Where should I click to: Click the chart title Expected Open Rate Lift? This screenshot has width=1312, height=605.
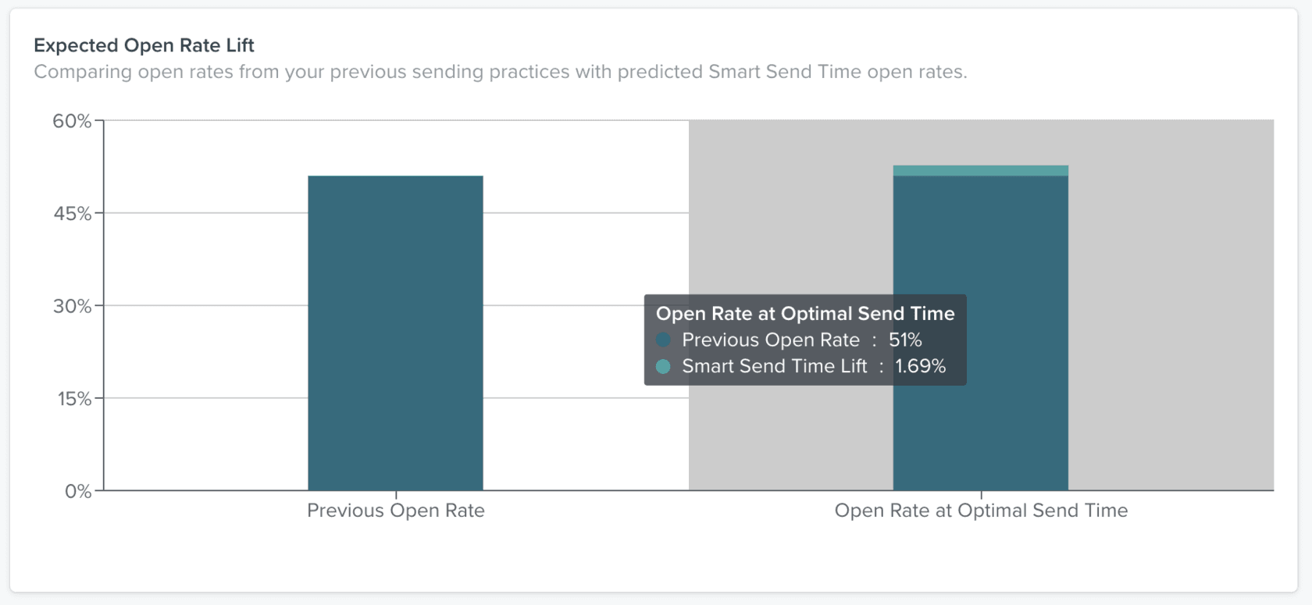coord(144,45)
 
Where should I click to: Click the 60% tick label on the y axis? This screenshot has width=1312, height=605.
coord(72,121)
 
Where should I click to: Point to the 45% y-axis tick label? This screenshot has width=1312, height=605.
coord(72,214)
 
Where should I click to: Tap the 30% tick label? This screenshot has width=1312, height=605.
coord(72,306)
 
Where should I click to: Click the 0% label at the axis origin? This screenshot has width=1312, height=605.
coord(77,492)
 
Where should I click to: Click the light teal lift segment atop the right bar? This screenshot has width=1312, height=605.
coord(980,171)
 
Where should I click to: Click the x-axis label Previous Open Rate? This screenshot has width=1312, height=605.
coord(395,511)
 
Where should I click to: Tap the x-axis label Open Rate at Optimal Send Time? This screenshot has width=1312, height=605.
coord(981,511)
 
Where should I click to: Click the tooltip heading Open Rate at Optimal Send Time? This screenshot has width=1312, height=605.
coord(805,314)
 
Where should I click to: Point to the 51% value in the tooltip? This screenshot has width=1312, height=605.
coord(905,340)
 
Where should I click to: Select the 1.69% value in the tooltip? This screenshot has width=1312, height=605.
coord(920,366)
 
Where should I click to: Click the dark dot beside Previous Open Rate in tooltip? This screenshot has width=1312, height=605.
coord(664,340)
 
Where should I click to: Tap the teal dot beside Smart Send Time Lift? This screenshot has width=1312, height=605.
coord(664,366)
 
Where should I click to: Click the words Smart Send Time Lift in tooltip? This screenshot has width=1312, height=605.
coord(774,366)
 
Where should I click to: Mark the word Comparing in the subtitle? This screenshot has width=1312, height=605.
coord(83,72)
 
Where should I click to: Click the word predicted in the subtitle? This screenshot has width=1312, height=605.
coord(659,72)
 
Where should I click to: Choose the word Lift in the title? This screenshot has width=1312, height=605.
coord(240,45)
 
